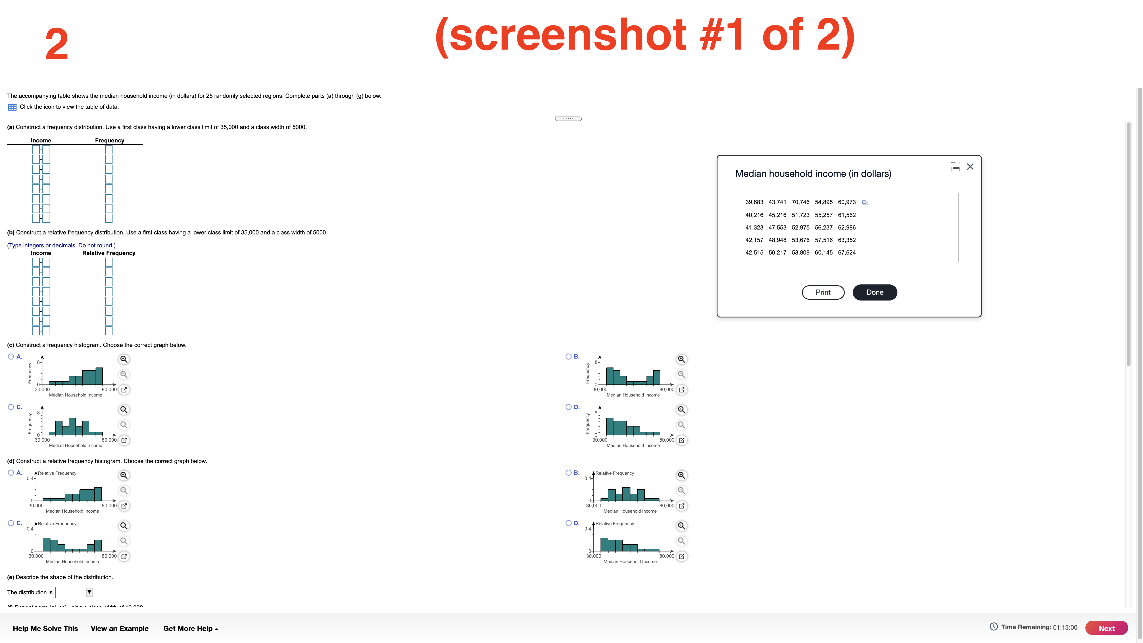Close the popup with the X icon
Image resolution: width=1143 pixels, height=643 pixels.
point(970,167)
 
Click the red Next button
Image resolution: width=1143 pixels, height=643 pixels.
point(1106,628)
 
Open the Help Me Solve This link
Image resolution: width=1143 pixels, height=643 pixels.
point(45,628)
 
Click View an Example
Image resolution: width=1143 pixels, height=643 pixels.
point(119,628)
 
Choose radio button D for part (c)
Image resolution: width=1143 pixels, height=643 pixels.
point(568,407)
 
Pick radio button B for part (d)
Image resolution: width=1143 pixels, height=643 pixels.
point(568,473)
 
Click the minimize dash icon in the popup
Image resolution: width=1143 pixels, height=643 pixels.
point(955,168)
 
